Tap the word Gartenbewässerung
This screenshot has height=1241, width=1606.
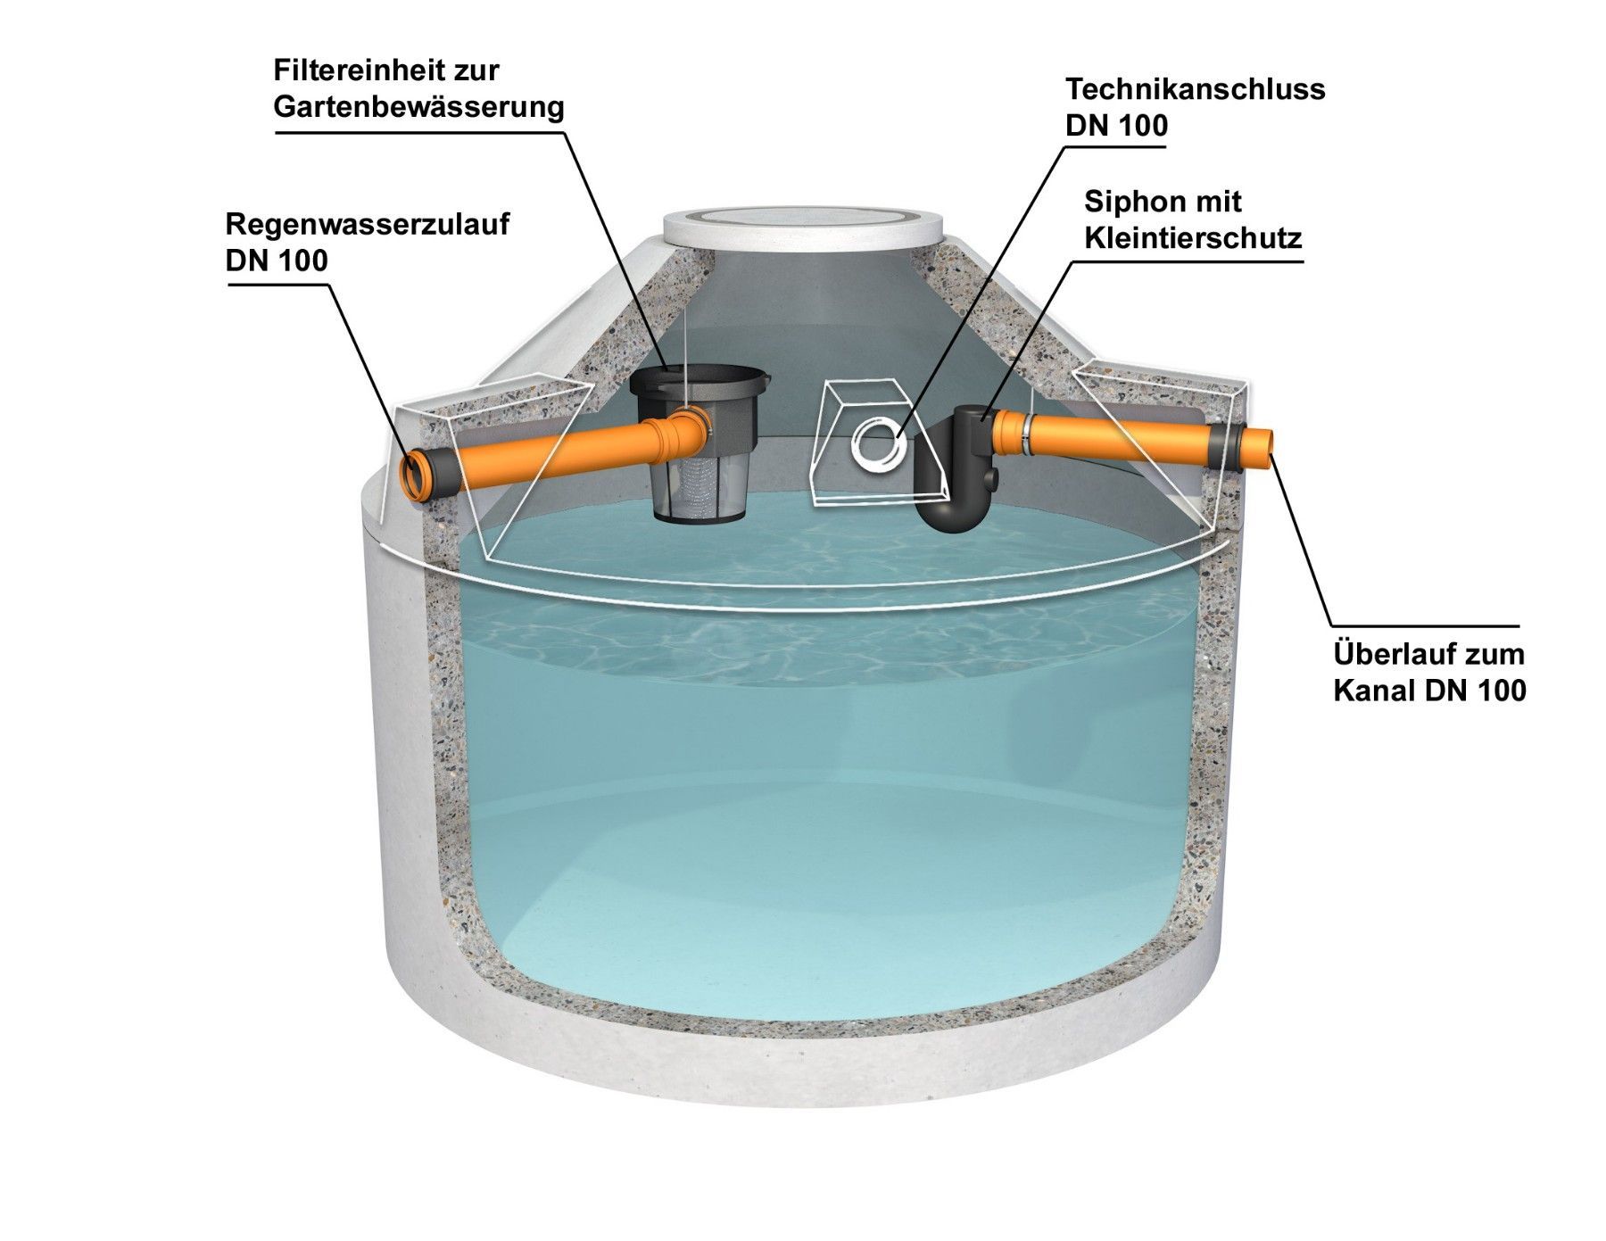(x=418, y=108)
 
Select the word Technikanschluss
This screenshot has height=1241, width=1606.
(x=1196, y=89)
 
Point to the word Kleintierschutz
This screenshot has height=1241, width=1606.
(x=1193, y=238)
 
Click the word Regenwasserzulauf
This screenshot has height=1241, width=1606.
(x=368, y=225)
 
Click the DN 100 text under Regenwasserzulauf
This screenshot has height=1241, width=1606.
(x=277, y=261)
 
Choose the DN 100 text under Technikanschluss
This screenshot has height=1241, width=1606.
(x=1117, y=126)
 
